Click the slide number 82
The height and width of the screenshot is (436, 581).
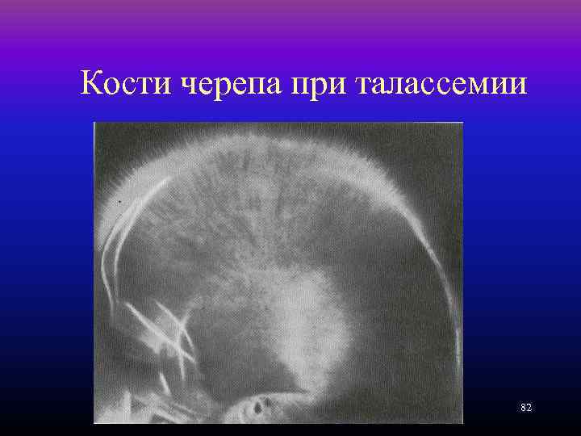click(x=526, y=408)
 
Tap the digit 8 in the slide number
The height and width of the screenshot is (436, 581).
click(x=523, y=408)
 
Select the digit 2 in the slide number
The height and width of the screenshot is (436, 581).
click(x=529, y=408)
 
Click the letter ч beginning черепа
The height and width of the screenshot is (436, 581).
click(x=186, y=86)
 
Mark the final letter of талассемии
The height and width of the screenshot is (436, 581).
click(x=520, y=86)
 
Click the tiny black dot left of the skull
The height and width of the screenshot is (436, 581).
click(x=121, y=198)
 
